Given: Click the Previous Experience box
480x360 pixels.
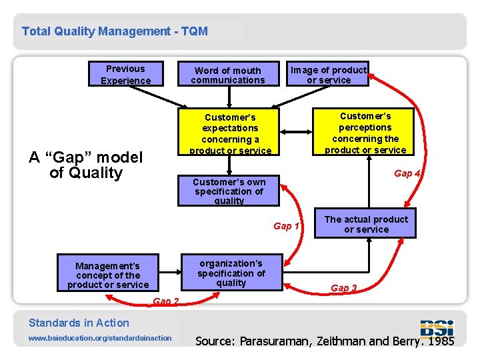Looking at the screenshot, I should [x=125, y=74].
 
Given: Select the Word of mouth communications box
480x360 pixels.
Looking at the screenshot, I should [x=228, y=75].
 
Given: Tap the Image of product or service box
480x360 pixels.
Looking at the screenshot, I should [x=328, y=75].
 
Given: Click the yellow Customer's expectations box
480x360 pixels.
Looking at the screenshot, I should [x=230, y=133].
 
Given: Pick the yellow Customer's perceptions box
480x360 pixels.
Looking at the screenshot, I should [x=365, y=132].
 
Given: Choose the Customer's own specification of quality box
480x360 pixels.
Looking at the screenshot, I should [x=229, y=191].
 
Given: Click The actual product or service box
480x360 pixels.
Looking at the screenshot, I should [x=366, y=224].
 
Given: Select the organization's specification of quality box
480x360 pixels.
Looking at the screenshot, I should [x=231, y=273].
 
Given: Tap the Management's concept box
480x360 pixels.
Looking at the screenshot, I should [x=108, y=275].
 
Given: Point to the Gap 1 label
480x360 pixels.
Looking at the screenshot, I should [x=286, y=226].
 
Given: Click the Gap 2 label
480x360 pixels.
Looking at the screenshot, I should [x=166, y=301].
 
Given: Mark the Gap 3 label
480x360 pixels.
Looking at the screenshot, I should [x=344, y=288].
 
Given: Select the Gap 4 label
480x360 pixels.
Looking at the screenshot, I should [x=407, y=173].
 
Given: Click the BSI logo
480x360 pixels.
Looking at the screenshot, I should [x=437, y=328].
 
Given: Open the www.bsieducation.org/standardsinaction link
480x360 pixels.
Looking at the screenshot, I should [x=100, y=338].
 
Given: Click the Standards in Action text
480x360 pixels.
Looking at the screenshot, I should [x=79, y=323].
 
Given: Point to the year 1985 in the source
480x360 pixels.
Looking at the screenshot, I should [x=441, y=341].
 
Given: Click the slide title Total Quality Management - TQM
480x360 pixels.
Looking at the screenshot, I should [x=115, y=31].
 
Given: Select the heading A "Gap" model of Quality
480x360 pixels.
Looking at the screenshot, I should [x=86, y=165].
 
